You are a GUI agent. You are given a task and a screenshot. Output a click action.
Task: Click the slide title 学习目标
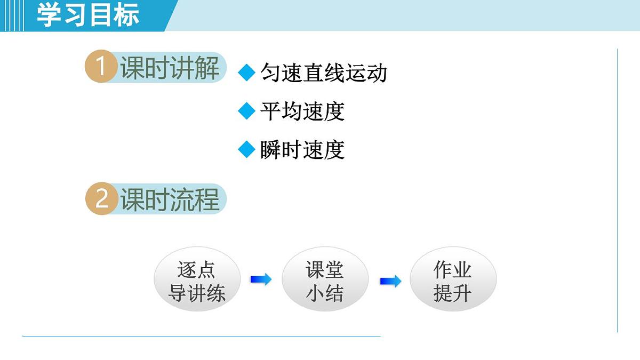[88, 15]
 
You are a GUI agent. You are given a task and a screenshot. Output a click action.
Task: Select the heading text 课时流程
[170, 200]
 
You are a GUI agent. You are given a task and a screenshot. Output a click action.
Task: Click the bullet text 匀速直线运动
[323, 73]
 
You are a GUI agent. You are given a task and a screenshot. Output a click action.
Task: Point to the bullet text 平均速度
[302, 111]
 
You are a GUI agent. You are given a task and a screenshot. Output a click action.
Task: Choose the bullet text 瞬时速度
[302, 150]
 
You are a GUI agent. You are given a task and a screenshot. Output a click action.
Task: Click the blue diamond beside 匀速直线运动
[246, 73]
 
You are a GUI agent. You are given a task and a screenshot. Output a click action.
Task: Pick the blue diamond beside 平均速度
[246, 111]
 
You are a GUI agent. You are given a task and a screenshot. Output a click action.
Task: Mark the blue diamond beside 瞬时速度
[246, 150]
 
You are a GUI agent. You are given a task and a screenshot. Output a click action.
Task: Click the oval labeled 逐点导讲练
[197, 279]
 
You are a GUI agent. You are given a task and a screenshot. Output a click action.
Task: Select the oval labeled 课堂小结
[325, 279]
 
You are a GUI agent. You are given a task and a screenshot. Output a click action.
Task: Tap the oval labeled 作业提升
[453, 279]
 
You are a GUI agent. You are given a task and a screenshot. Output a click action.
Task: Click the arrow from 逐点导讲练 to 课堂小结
[261, 279]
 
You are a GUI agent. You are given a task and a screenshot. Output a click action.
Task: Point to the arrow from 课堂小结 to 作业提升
[390, 281]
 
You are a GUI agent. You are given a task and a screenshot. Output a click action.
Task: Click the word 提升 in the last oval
[452, 293]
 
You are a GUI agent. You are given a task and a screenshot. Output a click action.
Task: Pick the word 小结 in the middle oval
[324, 293]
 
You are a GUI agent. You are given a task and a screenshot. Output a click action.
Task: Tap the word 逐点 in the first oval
[196, 270]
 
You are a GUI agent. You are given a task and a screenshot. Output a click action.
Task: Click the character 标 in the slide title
[126, 15]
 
